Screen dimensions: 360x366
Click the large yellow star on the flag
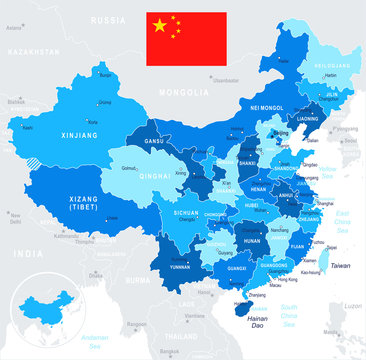[159, 25]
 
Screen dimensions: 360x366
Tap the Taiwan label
[341, 265]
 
